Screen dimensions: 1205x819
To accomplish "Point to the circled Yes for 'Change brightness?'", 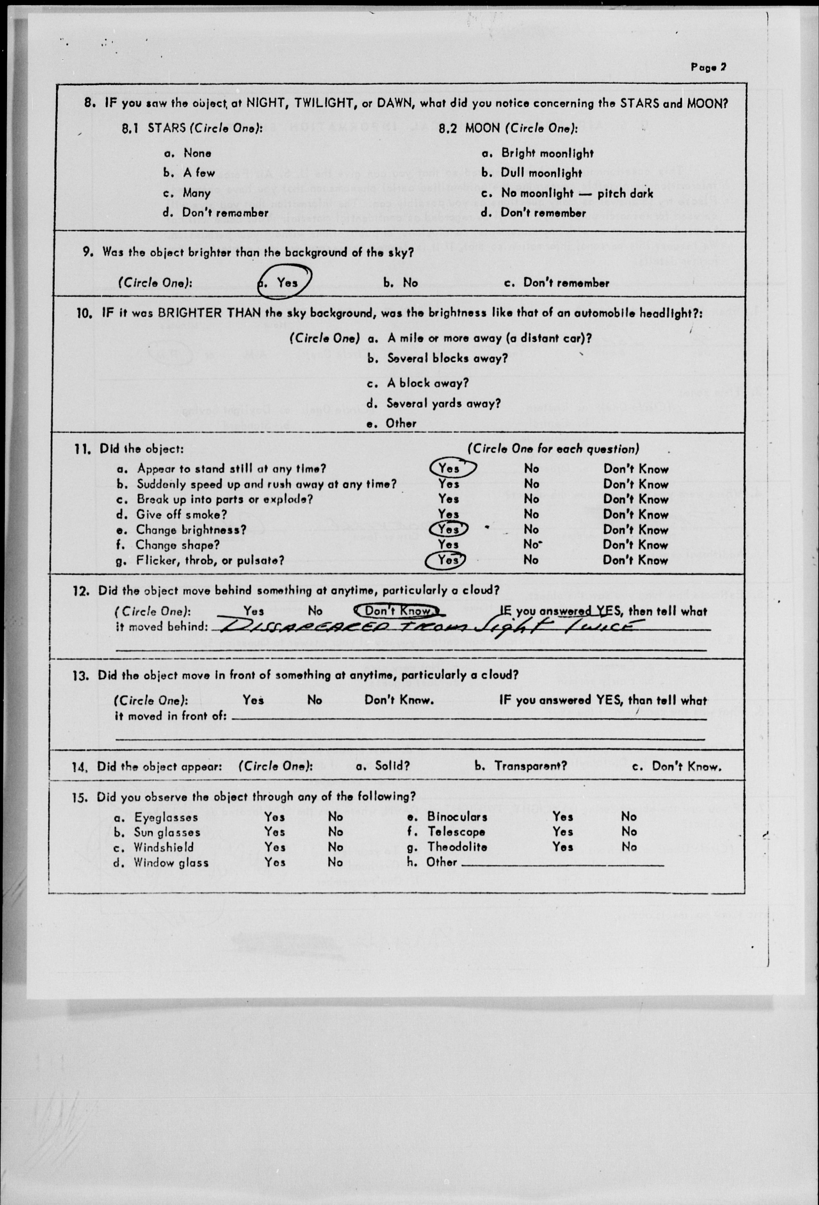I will click(449, 529).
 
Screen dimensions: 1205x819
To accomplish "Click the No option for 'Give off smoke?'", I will click(531, 514).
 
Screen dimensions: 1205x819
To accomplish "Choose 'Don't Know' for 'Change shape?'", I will click(636, 545).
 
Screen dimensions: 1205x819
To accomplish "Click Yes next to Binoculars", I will click(562, 817).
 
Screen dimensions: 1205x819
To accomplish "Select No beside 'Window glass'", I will click(335, 862).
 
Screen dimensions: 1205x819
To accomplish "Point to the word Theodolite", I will click(457, 847).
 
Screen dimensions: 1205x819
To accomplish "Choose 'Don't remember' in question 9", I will click(566, 283).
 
